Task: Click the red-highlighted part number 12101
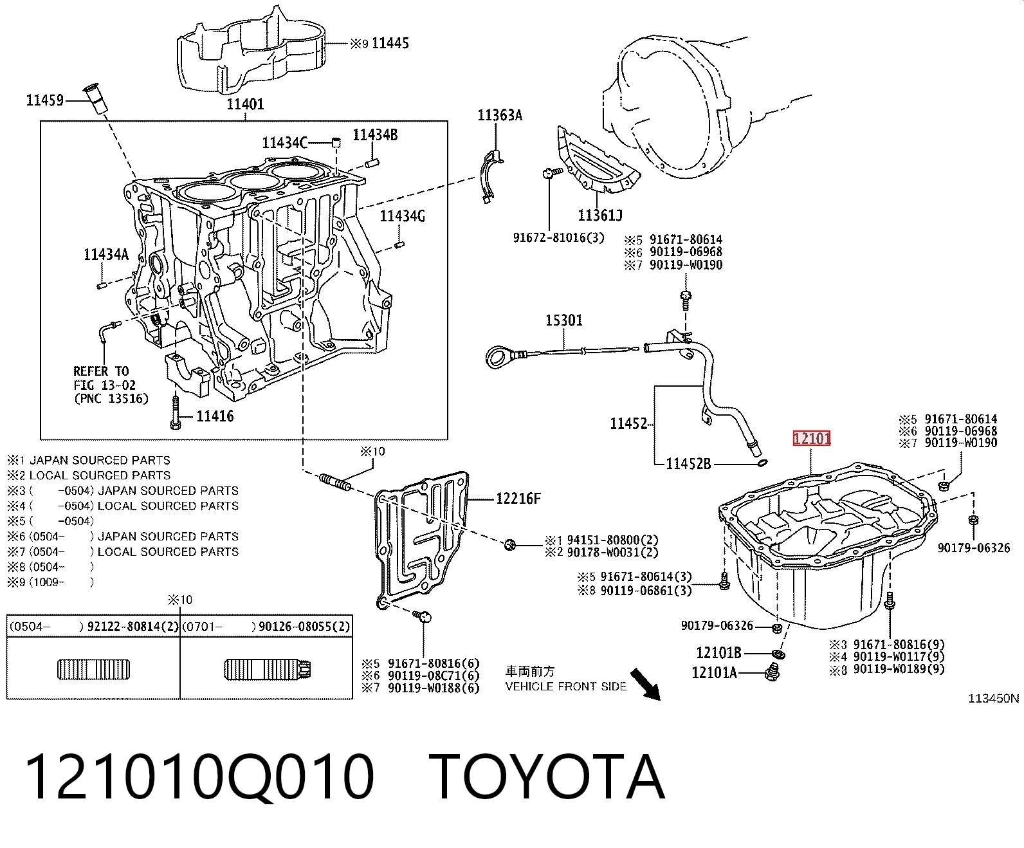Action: [812, 438]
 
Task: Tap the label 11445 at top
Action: [390, 43]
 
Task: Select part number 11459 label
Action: [44, 100]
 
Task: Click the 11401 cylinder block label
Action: [245, 104]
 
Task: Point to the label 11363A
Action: [500, 115]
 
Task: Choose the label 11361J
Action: [599, 215]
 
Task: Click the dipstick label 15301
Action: [564, 320]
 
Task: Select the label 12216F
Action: [518, 499]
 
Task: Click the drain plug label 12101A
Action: [714, 672]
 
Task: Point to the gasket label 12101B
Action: [718, 652]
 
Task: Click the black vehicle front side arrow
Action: [645, 684]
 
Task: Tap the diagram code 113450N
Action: [993, 698]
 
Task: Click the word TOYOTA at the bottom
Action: [547, 778]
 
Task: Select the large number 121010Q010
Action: [199, 778]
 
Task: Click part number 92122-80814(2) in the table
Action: [133, 627]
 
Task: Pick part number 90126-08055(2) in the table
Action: [304, 627]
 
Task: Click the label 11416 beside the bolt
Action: [215, 416]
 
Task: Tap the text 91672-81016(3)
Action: [558, 237]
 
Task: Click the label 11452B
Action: [688, 463]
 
